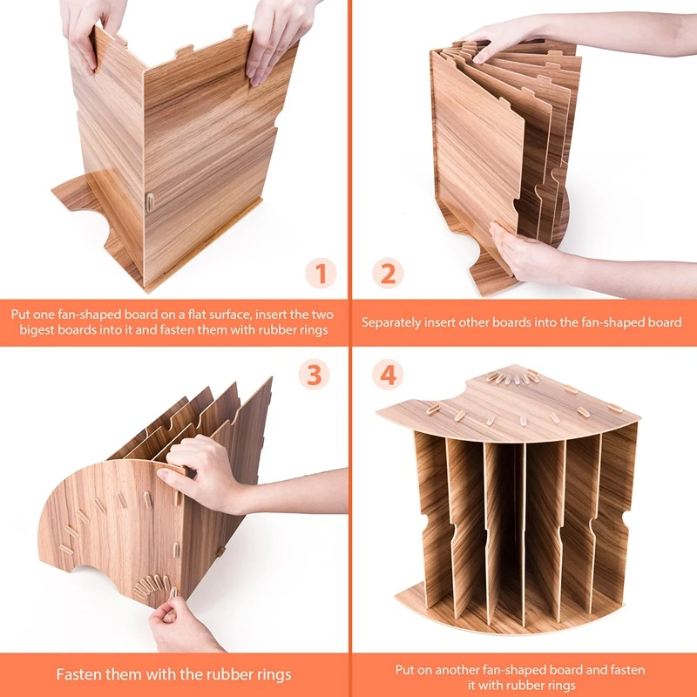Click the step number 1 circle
click(x=321, y=273)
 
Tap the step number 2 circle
click(x=388, y=273)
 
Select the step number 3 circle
click(x=314, y=375)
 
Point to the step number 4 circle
click(x=388, y=375)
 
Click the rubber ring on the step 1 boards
click(x=150, y=201)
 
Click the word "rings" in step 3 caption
click(x=274, y=674)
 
